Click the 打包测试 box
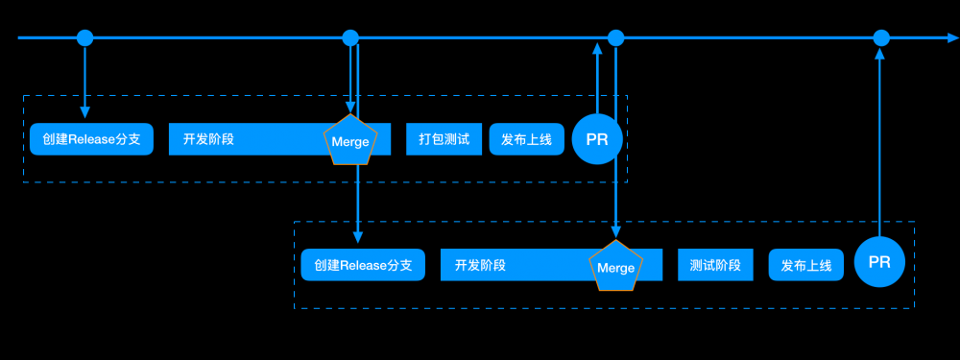click(444, 139)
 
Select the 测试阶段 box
click(715, 265)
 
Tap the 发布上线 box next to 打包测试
click(526, 139)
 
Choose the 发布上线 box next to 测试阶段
click(805, 265)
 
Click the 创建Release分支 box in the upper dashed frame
click(91, 139)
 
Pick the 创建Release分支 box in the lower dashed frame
click(363, 265)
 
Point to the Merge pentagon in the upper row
click(350, 140)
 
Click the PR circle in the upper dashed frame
click(597, 139)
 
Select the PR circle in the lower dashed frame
click(879, 262)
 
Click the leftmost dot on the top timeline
click(85, 38)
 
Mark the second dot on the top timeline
click(350, 38)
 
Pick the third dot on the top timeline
click(616, 38)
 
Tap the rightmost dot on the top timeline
click(880, 38)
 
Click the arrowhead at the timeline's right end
click(951, 38)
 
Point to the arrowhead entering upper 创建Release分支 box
click(85, 115)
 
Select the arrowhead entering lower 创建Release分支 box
click(358, 237)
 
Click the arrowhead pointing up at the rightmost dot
click(880, 57)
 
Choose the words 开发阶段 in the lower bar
click(480, 265)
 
